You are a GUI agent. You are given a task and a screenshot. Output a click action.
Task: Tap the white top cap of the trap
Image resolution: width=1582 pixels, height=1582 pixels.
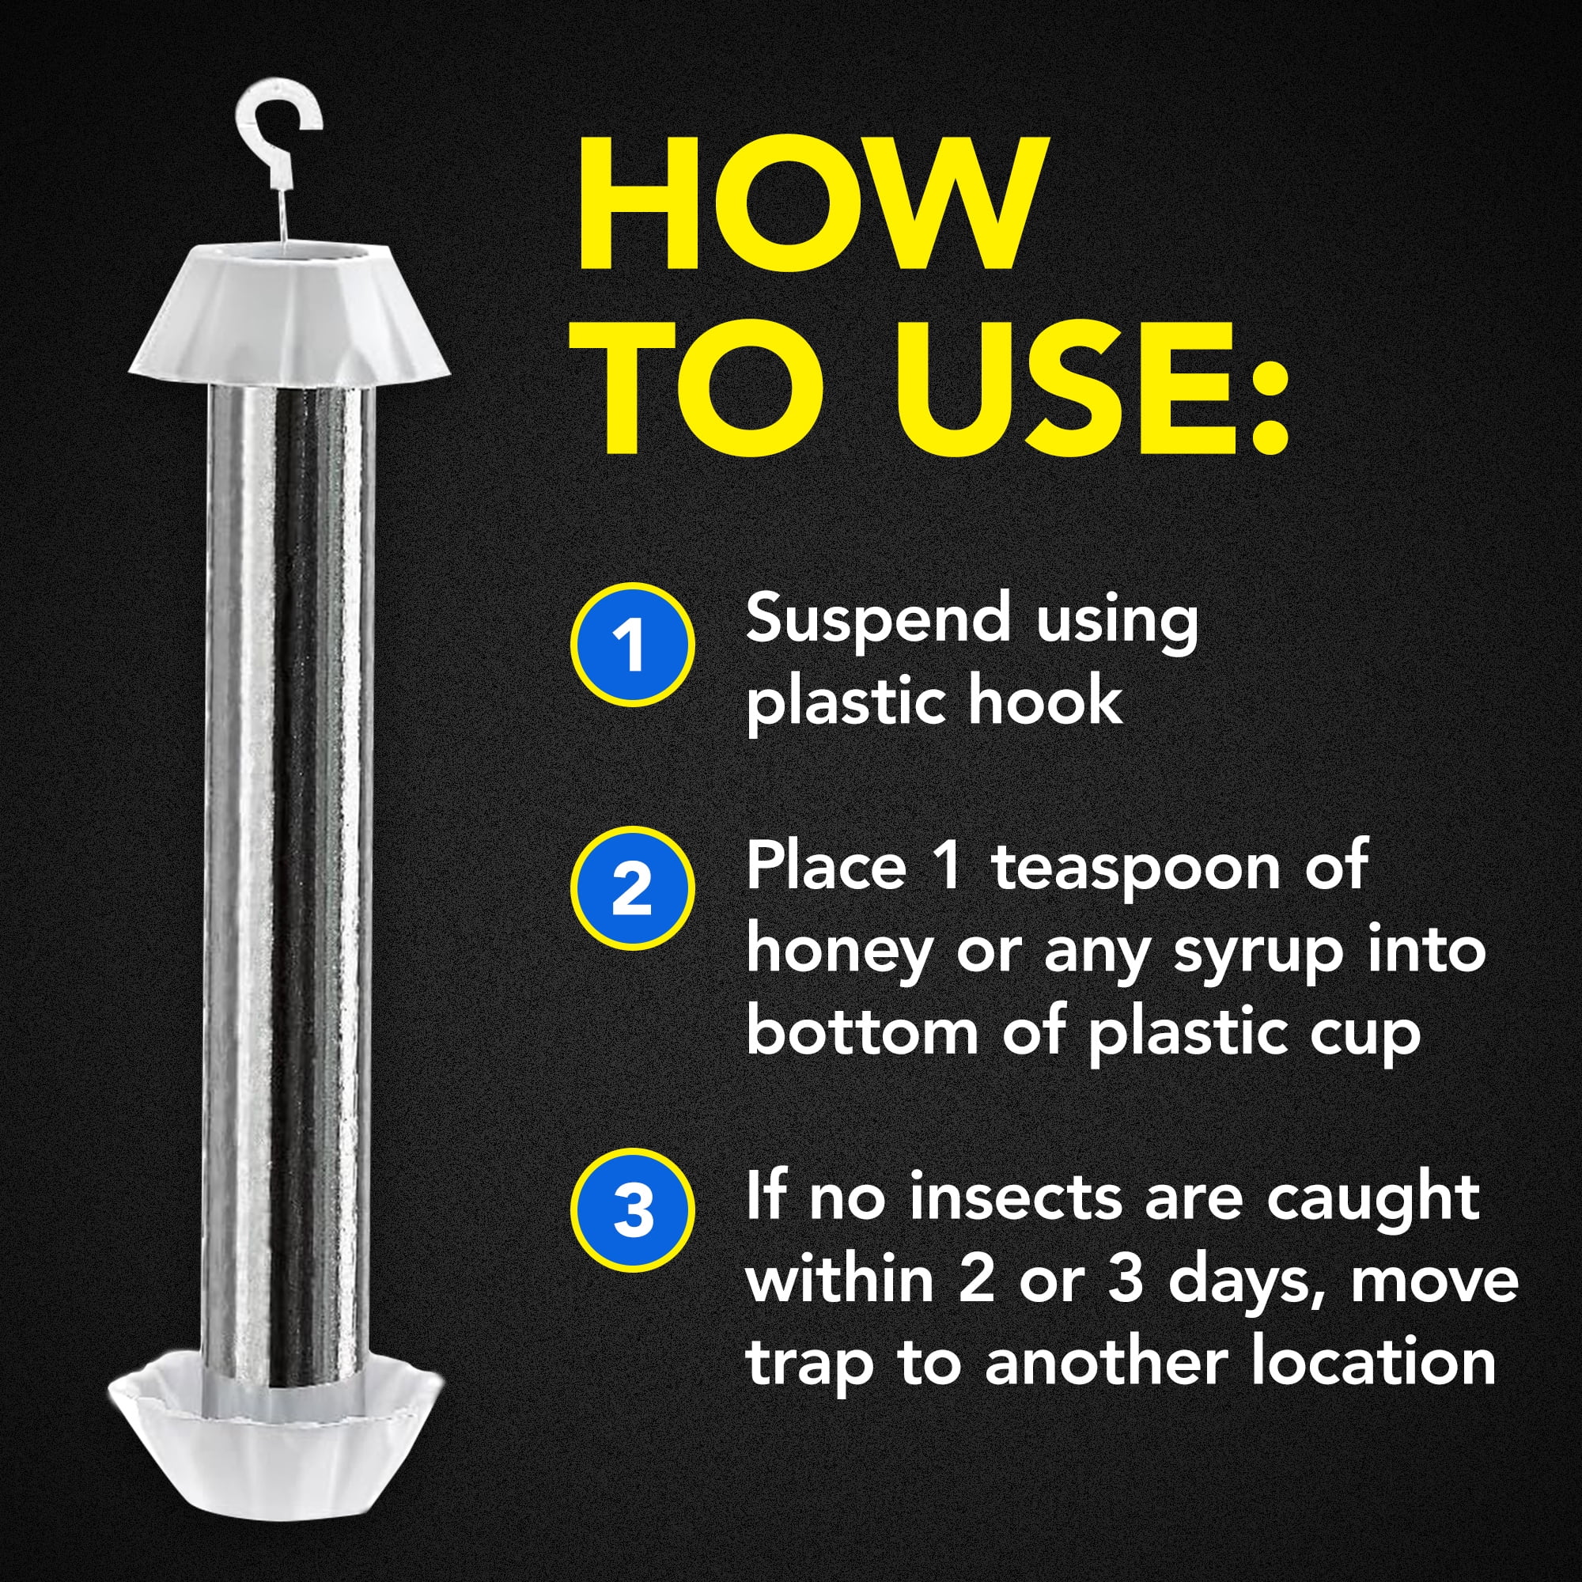288,311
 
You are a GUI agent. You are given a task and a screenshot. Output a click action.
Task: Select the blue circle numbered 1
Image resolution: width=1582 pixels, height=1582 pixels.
632,645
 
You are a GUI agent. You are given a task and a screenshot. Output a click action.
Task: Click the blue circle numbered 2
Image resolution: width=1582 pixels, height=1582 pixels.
632,888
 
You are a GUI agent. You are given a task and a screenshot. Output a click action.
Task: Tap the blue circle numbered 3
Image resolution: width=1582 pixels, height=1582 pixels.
632,1209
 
